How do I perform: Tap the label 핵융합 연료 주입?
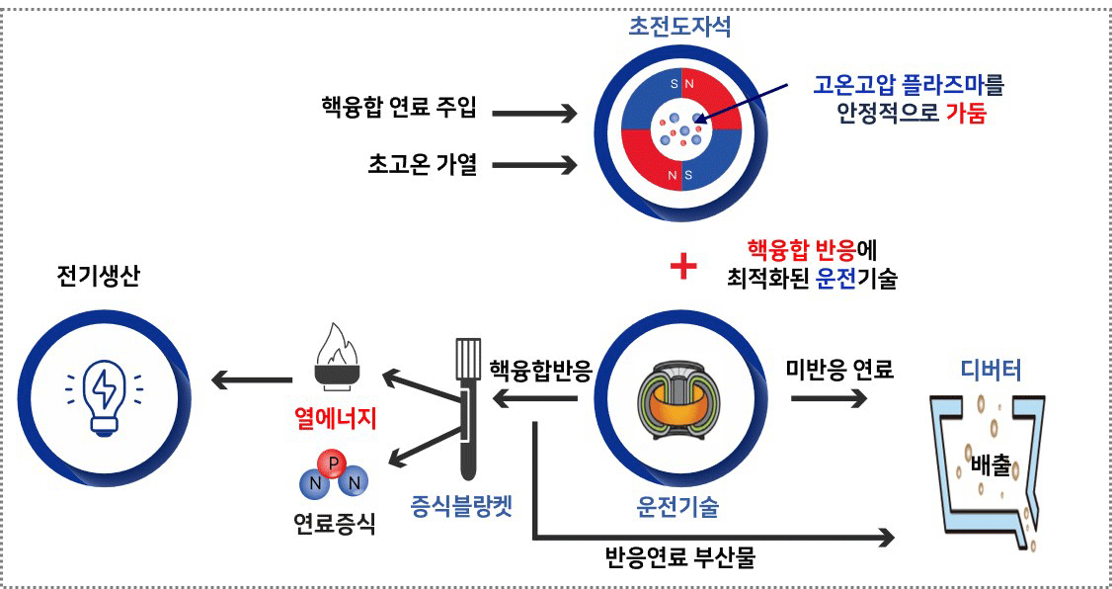[399, 109]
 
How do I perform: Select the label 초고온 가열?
[419, 164]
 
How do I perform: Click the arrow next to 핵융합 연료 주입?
[533, 114]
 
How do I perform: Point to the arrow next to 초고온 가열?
[533, 163]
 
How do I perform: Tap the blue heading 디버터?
[991, 371]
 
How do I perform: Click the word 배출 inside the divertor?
[991, 464]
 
